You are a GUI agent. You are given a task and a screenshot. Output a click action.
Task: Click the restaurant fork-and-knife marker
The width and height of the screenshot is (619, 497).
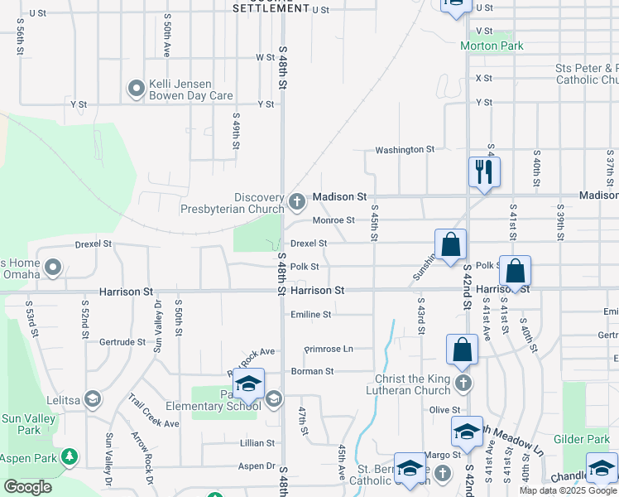(484, 172)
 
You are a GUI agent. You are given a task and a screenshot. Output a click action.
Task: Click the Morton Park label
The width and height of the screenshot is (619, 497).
(492, 46)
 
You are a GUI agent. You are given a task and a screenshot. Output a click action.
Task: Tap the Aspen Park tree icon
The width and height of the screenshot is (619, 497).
(70, 456)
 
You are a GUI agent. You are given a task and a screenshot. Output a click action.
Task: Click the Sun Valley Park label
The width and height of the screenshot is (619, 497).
(28, 424)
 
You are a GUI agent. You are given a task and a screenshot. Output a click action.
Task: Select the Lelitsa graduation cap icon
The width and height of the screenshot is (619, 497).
(92, 399)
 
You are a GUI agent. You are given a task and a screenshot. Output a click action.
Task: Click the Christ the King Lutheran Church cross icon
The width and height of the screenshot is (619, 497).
(463, 384)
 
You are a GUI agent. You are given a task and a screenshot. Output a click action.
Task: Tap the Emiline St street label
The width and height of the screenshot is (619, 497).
(310, 315)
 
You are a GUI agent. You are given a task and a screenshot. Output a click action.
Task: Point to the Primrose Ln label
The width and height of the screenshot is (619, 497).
(329, 350)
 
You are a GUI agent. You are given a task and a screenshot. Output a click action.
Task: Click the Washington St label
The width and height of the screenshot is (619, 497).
(404, 150)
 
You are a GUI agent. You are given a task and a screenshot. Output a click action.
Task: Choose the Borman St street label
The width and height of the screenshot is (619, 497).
(311, 372)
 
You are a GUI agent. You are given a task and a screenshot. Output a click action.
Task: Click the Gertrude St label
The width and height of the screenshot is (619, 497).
(122, 342)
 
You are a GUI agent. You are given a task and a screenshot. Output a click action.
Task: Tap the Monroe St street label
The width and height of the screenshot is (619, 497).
(333, 220)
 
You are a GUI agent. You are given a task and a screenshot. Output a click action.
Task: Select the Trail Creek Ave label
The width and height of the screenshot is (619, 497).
(153, 411)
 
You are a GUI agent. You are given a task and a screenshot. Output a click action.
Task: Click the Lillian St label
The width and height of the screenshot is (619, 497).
(257, 444)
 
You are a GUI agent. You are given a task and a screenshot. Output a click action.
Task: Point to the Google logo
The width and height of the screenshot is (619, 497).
(28, 487)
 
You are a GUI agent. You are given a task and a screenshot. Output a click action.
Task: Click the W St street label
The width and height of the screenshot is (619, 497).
(265, 57)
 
